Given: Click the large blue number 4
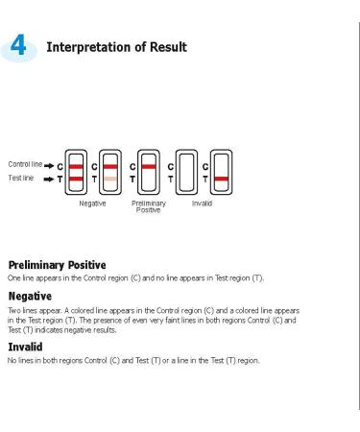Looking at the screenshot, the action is click(x=18, y=45).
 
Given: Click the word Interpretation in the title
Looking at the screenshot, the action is click(x=88, y=47).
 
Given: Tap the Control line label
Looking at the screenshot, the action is click(x=25, y=164).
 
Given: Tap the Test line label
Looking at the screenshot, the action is click(x=21, y=178).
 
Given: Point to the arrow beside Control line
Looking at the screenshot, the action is click(x=49, y=166).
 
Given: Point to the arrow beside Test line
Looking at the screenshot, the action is click(x=49, y=180).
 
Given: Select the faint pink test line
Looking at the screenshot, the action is click(x=110, y=179).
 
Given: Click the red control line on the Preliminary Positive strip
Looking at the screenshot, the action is click(x=149, y=167).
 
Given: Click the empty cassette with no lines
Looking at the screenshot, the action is click(x=186, y=172).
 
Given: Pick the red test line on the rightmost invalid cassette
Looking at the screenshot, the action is click(x=222, y=179).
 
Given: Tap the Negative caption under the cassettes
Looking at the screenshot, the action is click(x=92, y=204).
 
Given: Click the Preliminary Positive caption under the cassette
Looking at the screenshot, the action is click(x=149, y=206).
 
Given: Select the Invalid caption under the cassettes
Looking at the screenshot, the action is click(x=202, y=204).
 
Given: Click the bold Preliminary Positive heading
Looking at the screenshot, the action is click(x=57, y=265).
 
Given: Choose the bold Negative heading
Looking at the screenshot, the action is click(x=30, y=297).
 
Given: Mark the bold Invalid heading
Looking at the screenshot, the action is click(x=25, y=347).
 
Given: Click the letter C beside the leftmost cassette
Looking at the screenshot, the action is click(x=60, y=167).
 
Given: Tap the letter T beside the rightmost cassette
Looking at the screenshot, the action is click(x=205, y=180).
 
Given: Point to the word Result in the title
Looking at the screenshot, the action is click(x=168, y=47).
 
